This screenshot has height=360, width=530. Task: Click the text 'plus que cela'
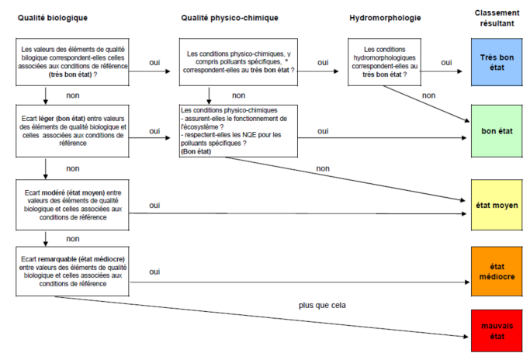point(322,306)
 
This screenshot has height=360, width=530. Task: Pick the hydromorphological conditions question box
point(385,62)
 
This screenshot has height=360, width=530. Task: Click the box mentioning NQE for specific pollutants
point(233,131)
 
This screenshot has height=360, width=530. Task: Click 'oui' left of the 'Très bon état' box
point(446,62)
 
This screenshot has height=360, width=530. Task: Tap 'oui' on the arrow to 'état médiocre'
point(154,272)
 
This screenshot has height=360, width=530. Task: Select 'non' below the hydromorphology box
point(428,95)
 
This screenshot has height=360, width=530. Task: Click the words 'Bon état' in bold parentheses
point(198,153)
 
